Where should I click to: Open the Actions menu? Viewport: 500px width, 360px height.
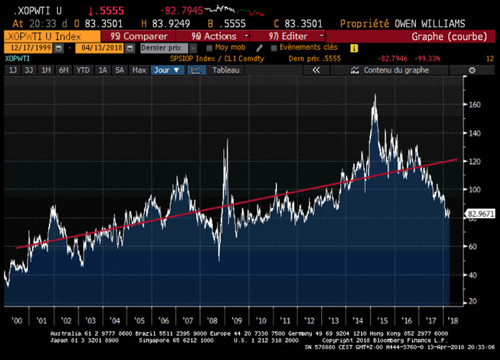216,35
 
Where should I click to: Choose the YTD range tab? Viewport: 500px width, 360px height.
83,70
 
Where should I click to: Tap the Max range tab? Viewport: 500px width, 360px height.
140,70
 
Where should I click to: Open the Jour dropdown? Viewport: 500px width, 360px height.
168,70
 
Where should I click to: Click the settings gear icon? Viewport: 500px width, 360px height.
471,70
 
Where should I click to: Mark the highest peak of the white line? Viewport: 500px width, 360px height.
375,94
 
